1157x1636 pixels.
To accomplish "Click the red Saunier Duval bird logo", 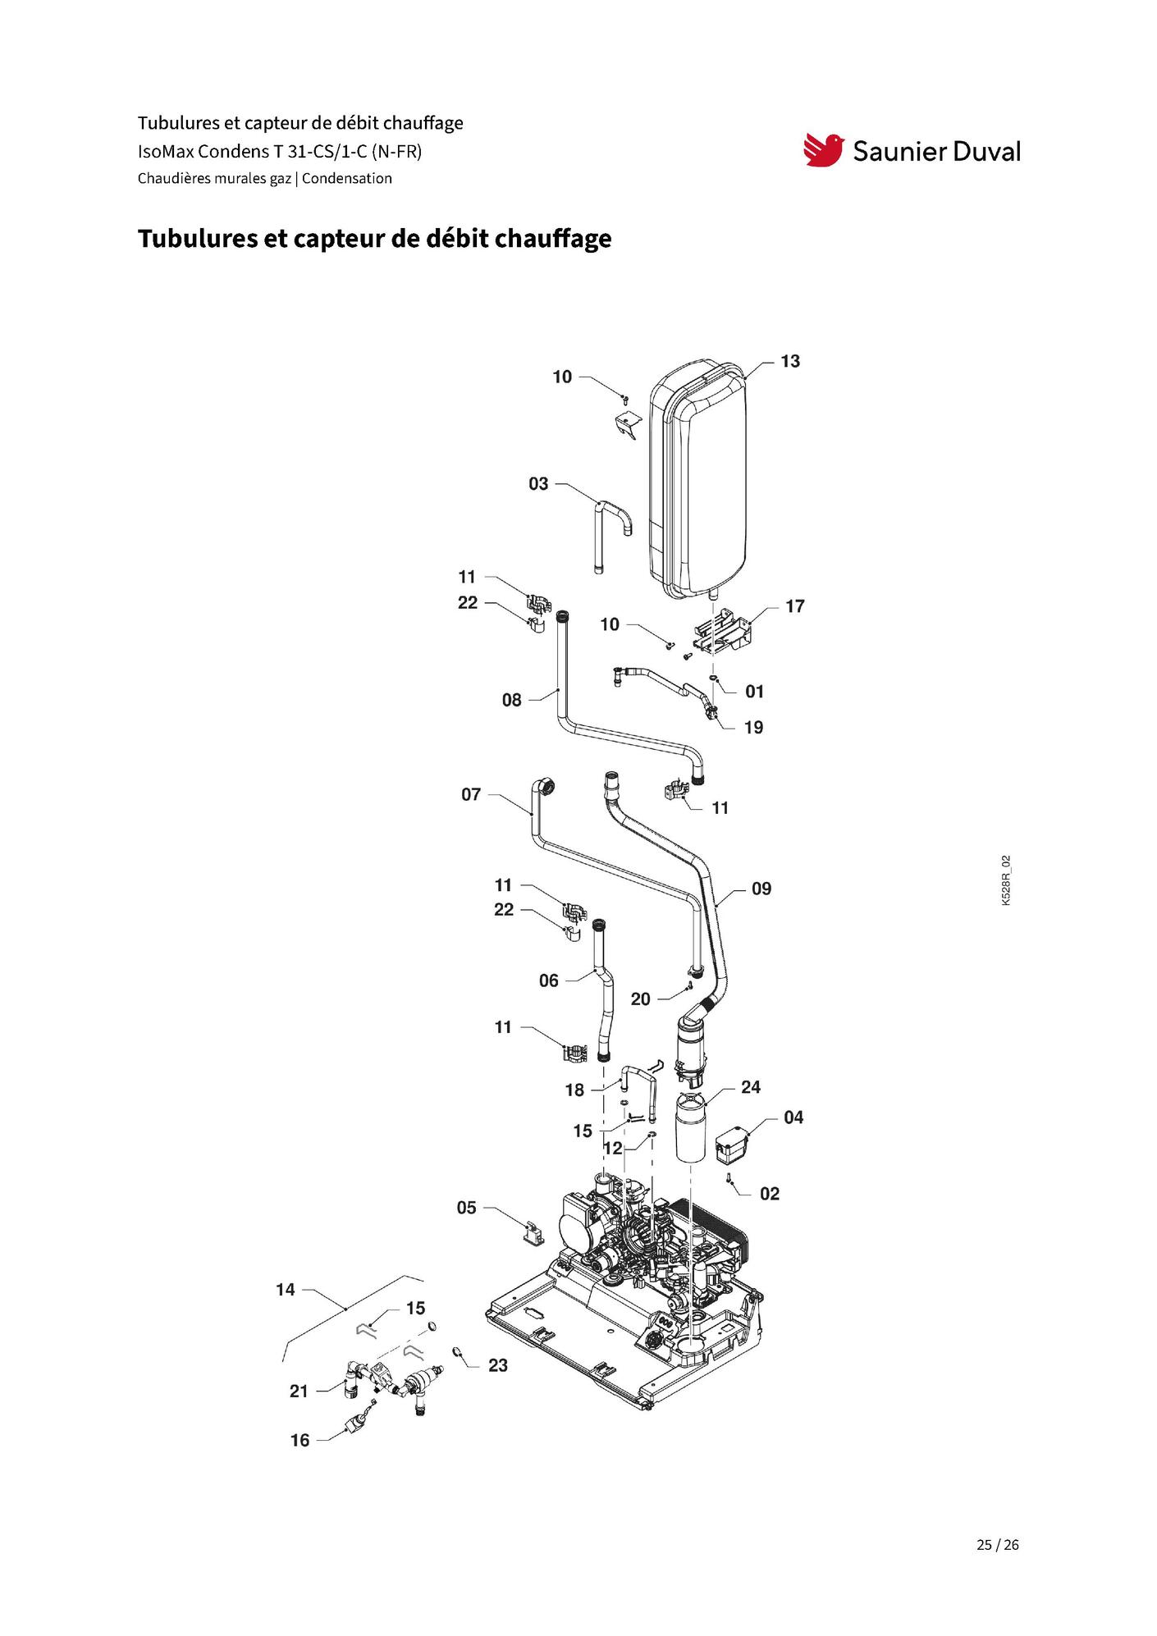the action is coord(823,150).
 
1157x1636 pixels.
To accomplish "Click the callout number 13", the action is coord(790,362).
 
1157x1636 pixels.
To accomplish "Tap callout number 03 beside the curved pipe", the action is coord(538,484).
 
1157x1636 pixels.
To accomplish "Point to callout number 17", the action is coord(795,606).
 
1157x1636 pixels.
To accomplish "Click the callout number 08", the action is coord(512,700).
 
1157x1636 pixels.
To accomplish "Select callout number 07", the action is coord(471,795).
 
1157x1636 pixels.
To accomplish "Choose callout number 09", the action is coord(761,889).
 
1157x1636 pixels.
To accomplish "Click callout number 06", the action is coord(549,980).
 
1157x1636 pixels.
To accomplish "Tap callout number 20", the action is coord(641,999).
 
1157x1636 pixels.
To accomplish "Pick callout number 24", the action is coord(751,1087).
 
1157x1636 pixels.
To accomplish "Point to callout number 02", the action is coord(770,1194).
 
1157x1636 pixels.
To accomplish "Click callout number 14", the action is coord(286,1290).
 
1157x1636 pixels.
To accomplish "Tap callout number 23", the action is coord(498,1365).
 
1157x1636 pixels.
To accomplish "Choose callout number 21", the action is coord(299,1391).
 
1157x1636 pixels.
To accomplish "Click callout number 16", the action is coord(300,1440).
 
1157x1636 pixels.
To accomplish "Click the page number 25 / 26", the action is coord(998,1545).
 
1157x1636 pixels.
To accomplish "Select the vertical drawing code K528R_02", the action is coord(1007,880).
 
